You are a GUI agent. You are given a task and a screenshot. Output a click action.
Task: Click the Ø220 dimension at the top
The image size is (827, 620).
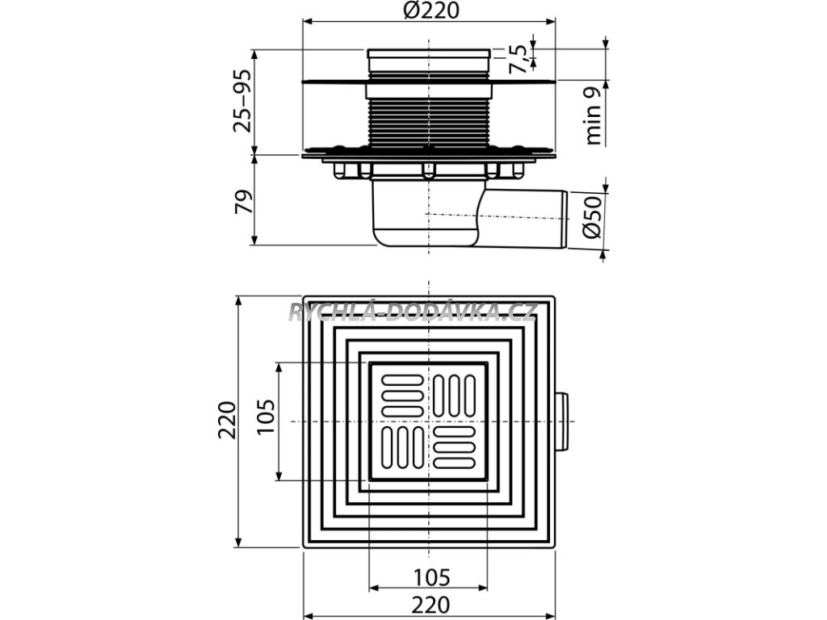(430, 13)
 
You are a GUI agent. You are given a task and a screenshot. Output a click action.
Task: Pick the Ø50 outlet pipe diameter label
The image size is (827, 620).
(592, 217)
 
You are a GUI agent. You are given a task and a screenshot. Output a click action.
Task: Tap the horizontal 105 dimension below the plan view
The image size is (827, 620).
(430, 578)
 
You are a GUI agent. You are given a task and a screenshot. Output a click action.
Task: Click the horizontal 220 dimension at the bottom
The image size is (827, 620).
(430, 603)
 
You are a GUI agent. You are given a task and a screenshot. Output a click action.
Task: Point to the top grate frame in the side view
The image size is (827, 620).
(429, 57)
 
